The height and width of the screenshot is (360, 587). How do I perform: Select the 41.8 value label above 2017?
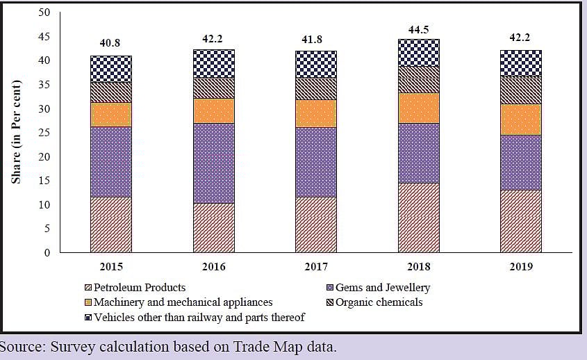point(315,40)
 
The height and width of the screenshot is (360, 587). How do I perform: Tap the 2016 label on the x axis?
point(213,267)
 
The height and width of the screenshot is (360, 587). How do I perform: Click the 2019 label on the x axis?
point(520,267)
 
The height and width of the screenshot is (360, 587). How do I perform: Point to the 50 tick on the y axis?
point(44,13)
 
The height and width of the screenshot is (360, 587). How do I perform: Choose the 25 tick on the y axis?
point(44,133)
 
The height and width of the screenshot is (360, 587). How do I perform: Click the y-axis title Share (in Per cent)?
point(16,132)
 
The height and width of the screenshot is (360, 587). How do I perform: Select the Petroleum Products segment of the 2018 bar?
point(418,218)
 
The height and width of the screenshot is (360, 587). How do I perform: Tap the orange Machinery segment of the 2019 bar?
point(520,119)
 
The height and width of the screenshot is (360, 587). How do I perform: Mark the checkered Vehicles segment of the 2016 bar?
point(213,63)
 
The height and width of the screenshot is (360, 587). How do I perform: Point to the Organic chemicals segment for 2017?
point(315,88)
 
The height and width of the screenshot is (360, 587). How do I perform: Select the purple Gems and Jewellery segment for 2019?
point(520,162)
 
